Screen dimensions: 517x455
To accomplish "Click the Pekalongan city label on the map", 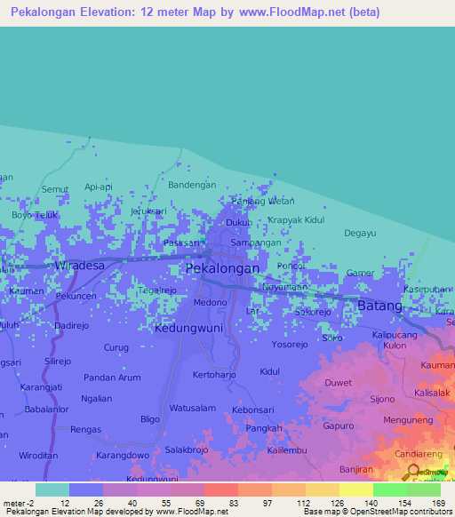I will coord(222,268).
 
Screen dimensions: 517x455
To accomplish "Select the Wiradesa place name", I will coord(79,265).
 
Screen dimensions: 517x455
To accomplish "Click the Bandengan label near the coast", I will coord(192,185).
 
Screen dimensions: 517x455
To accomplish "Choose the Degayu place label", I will coord(361,234).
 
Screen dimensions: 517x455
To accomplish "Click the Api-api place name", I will coord(98,187).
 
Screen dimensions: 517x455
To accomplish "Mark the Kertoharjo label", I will coord(216,375).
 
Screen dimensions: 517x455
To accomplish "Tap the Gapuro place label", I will coord(338,426).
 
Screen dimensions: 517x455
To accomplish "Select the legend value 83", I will coord(234,502).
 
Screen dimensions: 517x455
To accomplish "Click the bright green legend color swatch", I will coord(389,489).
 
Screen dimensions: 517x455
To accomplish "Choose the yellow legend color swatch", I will coord(355,489).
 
